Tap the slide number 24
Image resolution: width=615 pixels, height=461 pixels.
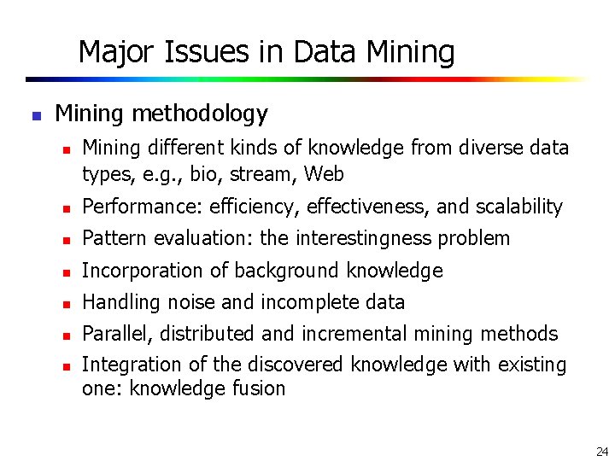pyautogui.click(x=601, y=451)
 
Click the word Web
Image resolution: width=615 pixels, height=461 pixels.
pyautogui.click(x=324, y=175)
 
